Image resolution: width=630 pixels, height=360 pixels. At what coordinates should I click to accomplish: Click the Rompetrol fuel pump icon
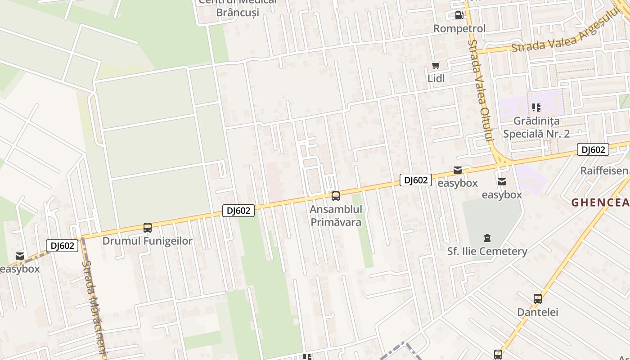point(459,15)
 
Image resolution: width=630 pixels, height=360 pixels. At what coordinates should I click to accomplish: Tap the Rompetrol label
point(459,29)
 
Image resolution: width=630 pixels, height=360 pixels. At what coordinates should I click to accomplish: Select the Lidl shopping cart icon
point(436,66)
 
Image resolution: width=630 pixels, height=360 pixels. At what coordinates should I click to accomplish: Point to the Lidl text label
point(436,78)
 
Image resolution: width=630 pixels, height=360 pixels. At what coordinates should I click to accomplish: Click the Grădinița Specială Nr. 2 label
point(536,127)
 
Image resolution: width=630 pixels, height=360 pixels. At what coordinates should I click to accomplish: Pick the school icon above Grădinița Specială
point(536,107)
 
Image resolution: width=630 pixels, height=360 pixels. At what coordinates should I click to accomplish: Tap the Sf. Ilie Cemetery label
point(487,251)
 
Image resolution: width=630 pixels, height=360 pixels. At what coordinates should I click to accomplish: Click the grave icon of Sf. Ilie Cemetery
point(487,238)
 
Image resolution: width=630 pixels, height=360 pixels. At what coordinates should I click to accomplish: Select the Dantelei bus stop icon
point(537,298)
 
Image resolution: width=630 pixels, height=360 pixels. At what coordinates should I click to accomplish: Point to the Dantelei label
point(537,312)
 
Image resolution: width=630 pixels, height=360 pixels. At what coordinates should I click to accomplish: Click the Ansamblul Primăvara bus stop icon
point(336,196)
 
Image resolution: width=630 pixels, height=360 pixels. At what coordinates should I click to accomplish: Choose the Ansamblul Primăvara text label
point(336,216)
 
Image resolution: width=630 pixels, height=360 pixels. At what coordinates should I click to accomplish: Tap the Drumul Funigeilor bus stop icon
point(148,228)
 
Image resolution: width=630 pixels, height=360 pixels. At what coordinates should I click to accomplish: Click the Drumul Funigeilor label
point(148,241)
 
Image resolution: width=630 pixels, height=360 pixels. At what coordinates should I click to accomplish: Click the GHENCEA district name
point(600,203)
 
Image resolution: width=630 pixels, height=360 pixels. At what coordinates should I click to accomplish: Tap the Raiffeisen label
point(604,171)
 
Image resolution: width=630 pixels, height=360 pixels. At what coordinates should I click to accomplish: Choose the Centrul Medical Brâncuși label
point(238,7)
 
